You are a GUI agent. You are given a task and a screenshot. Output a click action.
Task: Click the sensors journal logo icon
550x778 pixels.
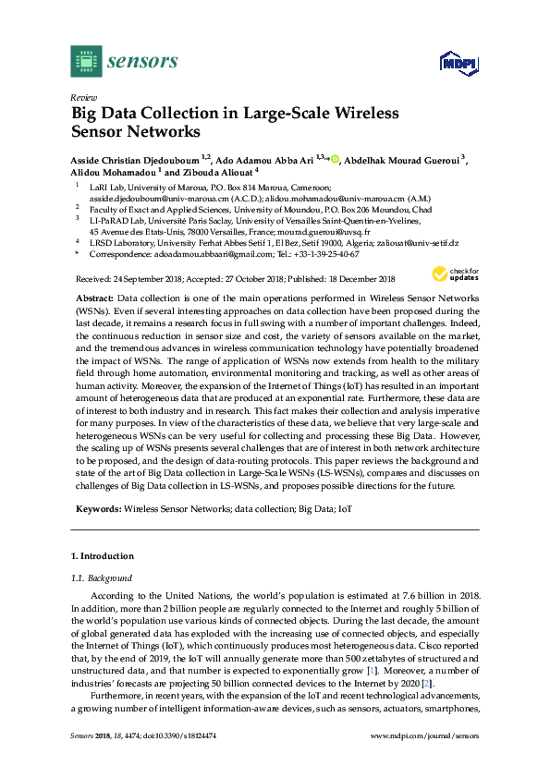coord(86,63)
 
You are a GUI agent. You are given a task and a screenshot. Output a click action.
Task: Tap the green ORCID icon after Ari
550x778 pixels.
coord(335,157)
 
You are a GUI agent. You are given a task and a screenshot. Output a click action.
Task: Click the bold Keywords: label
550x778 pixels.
coord(97,509)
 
